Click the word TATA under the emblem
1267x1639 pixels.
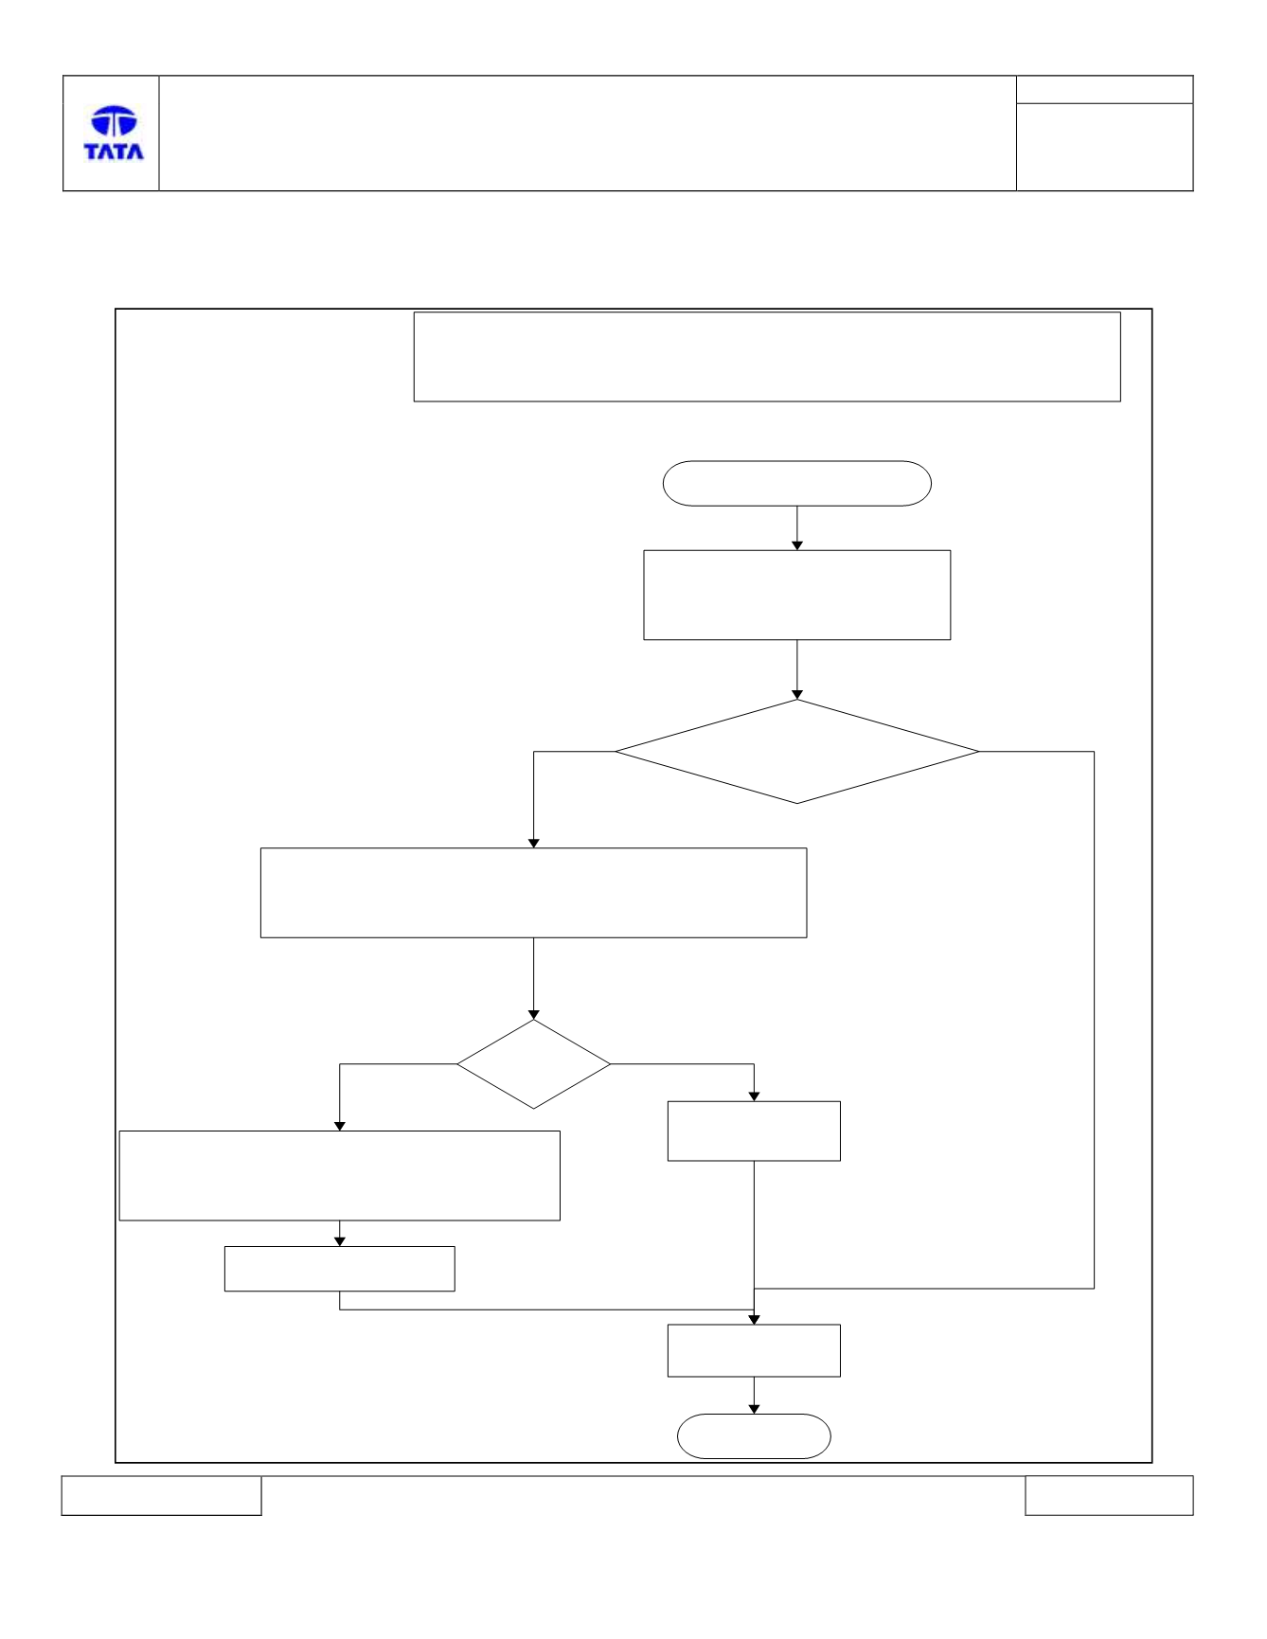click(114, 151)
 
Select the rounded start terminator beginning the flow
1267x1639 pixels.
click(796, 484)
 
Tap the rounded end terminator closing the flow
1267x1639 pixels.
click(754, 1436)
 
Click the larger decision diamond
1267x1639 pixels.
click(797, 752)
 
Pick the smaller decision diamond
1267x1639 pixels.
click(533, 1064)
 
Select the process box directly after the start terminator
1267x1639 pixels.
click(796, 595)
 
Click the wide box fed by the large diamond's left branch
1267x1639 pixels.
click(533, 893)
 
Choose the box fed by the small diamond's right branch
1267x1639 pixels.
click(754, 1131)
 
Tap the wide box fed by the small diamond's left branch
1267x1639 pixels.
click(339, 1175)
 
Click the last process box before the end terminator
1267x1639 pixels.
click(754, 1350)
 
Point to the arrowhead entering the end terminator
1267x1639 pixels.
click(754, 1409)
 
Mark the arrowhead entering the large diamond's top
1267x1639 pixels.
click(797, 694)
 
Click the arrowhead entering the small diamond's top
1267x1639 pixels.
click(533, 1014)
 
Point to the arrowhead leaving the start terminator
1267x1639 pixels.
click(797, 545)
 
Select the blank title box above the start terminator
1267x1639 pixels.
click(767, 357)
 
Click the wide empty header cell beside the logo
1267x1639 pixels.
click(587, 134)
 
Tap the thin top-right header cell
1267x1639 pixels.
click(1104, 90)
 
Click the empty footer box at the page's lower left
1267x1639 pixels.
click(161, 1495)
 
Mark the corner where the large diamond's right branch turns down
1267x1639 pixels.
click(1095, 752)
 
